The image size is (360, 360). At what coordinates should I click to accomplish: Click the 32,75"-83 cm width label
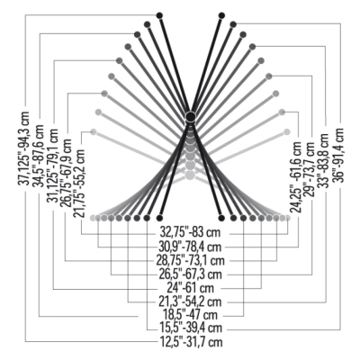190,232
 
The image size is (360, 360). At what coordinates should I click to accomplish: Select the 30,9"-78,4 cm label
190,247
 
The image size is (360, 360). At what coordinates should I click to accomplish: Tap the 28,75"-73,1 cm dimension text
190,260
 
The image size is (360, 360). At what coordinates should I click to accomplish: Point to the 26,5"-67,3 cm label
190,274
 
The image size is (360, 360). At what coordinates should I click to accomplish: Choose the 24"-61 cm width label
191,288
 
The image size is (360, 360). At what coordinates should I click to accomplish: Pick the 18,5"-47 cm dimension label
190,315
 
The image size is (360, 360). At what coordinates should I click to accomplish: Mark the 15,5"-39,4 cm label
190,328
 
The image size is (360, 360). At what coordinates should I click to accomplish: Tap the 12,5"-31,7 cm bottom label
190,342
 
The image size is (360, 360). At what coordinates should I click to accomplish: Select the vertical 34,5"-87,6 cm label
39,156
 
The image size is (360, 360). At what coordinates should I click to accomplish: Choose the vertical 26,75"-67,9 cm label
67,173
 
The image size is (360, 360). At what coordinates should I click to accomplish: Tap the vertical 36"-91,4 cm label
338,155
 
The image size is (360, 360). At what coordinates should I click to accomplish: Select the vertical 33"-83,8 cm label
324,160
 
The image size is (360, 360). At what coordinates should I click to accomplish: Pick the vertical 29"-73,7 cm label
310,169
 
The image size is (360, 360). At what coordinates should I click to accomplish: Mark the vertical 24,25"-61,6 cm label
297,177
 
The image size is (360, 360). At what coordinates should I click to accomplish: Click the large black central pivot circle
190,116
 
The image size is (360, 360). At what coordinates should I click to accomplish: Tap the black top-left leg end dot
159,15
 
